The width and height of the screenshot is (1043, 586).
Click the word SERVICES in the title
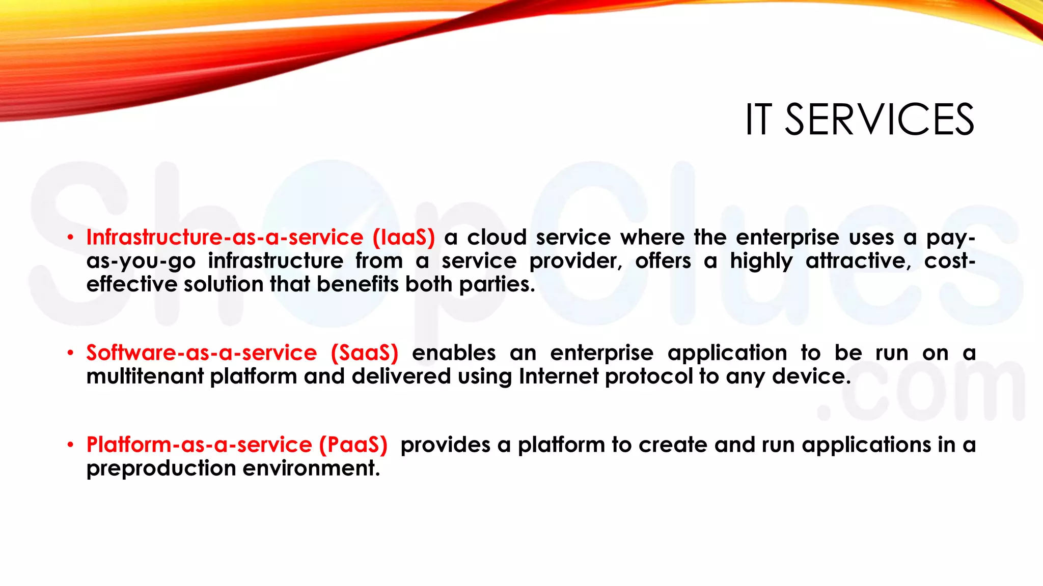coord(879,120)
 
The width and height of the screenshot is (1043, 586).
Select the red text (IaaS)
coord(403,238)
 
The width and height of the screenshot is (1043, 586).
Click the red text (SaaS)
coord(364,353)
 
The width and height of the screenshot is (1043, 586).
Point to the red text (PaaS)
coord(353,445)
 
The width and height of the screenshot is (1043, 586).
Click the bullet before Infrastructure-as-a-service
coord(71,238)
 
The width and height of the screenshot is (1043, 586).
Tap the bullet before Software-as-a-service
coord(71,353)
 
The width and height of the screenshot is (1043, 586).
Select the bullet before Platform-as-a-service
coord(71,445)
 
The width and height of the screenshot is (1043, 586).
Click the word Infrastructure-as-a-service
coord(225,238)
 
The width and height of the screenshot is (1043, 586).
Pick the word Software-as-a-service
coord(201,353)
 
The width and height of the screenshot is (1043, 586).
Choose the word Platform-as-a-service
coord(199,445)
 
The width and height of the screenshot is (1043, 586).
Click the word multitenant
coord(145,377)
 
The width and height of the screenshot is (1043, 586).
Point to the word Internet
coord(559,377)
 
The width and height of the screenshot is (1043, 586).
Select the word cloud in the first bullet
coord(497,238)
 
